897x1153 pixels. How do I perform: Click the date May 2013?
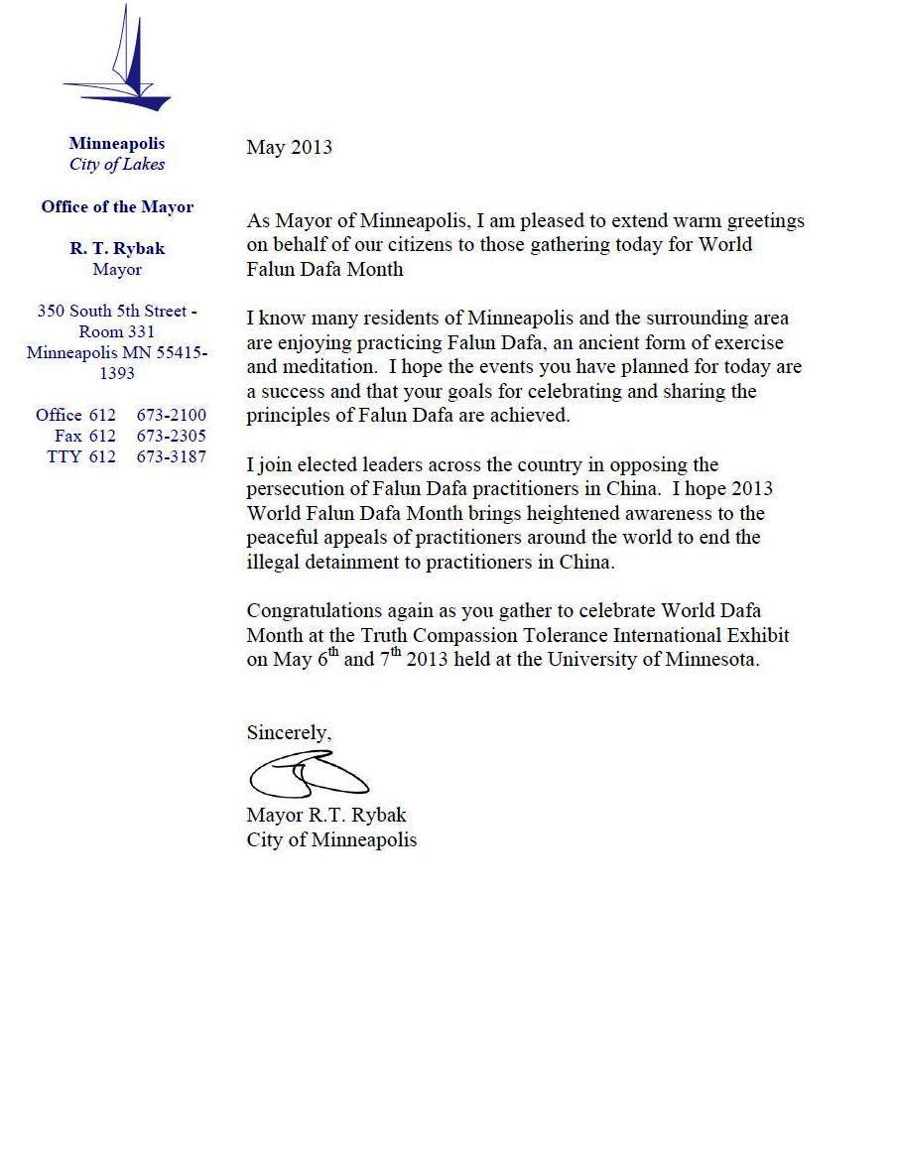[289, 148]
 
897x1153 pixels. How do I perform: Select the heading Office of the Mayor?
[117, 207]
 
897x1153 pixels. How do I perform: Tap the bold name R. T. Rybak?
[117, 249]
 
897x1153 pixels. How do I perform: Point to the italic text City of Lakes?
[117, 165]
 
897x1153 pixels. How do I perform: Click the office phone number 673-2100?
[171, 415]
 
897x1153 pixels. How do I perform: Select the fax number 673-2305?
[171, 436]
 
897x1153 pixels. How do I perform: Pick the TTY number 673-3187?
[171, 456]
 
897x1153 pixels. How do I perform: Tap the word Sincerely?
[289, 733]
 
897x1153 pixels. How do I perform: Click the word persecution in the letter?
[295, 489]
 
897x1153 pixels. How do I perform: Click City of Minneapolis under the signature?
[331, 839]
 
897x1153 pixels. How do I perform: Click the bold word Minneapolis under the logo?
[117, 144]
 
